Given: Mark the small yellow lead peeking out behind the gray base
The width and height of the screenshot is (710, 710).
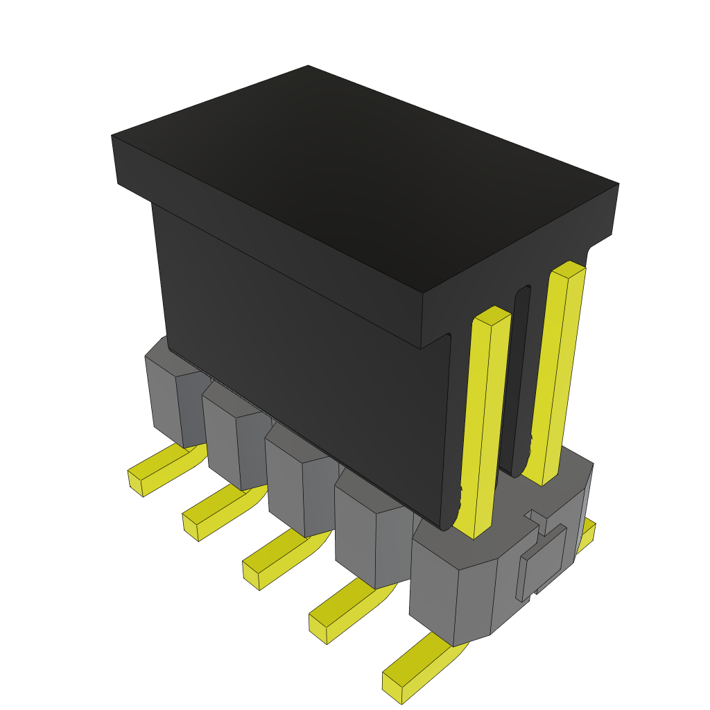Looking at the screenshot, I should point(587,534).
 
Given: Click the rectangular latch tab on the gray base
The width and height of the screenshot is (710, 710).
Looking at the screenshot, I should point(544,562).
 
